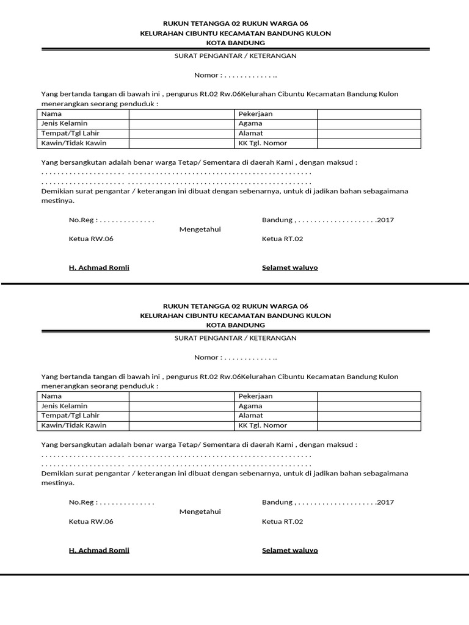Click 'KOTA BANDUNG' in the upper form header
coord(235,43)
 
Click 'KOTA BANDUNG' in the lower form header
coord(235,325)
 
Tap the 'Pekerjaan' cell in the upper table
coord(255,114)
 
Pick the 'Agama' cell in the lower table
coord(250,406)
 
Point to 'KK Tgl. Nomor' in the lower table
coord(263,425)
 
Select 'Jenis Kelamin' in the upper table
coord(64,123)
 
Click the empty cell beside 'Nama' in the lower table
coord(181,396)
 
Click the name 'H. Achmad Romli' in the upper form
coord(99,268)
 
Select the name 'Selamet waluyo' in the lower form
coord(289,550)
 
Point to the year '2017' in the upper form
coord(385,220)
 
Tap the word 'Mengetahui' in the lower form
coord(200,511)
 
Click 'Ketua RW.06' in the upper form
coord(91,239)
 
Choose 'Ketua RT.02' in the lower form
coord(282,521)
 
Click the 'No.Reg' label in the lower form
coord(82,502)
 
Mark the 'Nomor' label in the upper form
coord(206,76)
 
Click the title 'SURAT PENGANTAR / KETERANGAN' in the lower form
coord(235,338)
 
